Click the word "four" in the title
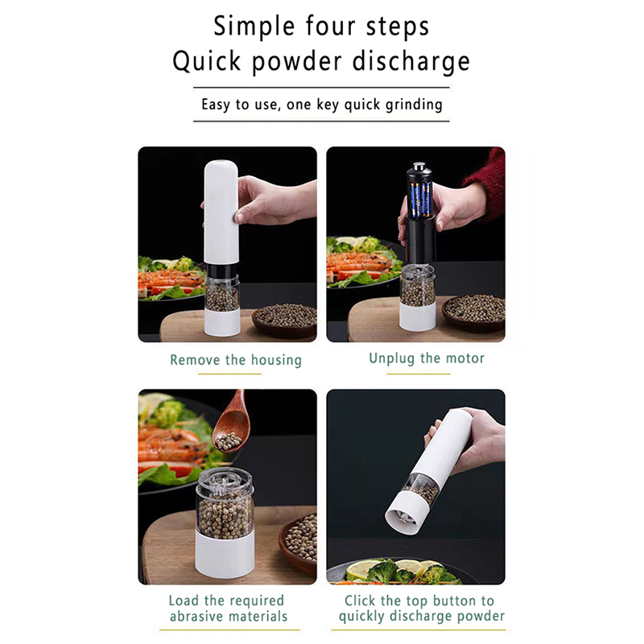click(330, 26)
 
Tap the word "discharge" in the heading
click(411, 62)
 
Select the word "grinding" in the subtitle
click(414, 105)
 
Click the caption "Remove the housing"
click(236, 360)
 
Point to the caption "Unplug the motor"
click(427, 358)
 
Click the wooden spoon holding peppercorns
click(232, 423)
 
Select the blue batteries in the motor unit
click(419, 200)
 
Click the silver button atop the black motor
click(419, 167)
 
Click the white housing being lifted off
click(221, 212)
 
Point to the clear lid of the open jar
click(225, 482)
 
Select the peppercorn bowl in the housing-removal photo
click(285, 319)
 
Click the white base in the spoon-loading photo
click(225, 554)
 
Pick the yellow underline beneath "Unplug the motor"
click(418, 374)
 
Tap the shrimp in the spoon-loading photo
click(171, 449)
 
